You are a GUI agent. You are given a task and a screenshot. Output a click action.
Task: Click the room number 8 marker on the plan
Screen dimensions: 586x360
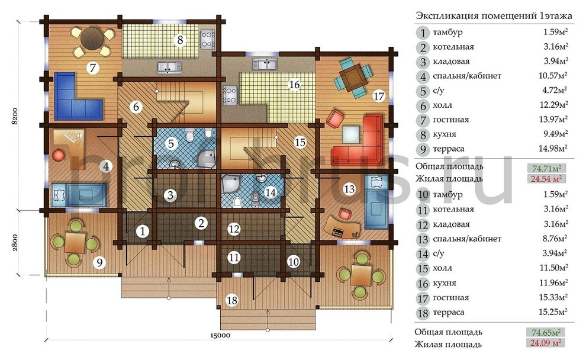[180, 39]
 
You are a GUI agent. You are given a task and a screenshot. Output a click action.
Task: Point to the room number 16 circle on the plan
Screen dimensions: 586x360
[295, 85]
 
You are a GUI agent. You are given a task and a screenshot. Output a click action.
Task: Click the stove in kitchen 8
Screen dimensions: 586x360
[207, 39]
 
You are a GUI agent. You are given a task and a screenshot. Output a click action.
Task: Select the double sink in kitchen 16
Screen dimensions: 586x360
[265, 64]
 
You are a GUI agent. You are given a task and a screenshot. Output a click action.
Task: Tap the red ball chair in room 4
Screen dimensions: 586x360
[59, 155]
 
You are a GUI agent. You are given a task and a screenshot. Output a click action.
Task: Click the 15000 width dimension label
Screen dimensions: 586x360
[220, 335]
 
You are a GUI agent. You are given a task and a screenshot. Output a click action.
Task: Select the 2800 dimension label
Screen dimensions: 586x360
[15, 242]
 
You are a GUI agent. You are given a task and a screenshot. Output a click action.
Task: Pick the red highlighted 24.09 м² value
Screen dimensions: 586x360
[546, 342]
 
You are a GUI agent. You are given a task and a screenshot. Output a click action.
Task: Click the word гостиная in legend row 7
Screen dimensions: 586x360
[450, 120]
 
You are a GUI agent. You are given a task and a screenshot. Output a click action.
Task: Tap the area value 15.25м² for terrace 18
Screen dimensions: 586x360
[553, 311]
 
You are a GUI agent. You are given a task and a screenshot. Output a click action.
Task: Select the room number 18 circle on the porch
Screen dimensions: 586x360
[232, 300]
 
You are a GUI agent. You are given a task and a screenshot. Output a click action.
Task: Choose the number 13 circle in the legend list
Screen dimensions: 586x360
[423, 239]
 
